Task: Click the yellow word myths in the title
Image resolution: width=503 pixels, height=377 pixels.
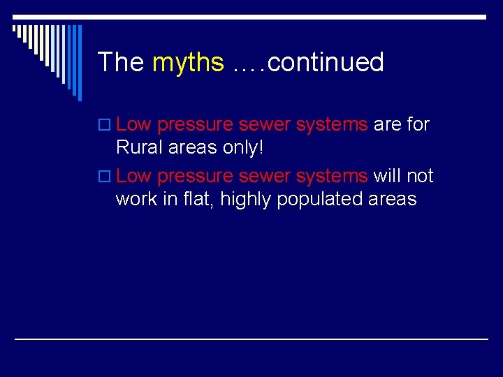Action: [x=187, y=63]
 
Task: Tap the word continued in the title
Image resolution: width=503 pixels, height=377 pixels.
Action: [x=326, y=62]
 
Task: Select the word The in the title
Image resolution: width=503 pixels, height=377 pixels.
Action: [x=120, y=62]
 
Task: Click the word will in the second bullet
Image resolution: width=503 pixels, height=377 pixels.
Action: [x=386, y=175]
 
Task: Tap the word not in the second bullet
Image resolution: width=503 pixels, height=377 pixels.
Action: [x=421, y=175]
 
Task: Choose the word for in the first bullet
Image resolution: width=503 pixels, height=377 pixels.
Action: [x=418, y=124]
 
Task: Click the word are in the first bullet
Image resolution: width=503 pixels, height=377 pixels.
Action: [x=387, y=125]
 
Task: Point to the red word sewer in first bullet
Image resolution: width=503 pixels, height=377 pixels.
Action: [x=264, y=125]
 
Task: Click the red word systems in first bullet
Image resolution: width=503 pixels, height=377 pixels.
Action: [x=332, y=125]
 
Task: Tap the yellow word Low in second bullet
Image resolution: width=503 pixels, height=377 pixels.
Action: [x=134, y=175]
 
